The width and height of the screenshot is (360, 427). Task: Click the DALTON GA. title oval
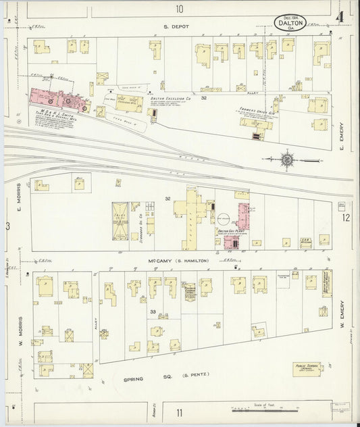coord(290,23)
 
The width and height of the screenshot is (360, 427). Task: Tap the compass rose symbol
coord(288,160)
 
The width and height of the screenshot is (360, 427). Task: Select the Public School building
coord(306,369)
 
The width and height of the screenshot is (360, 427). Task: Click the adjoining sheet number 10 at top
coord(179,9)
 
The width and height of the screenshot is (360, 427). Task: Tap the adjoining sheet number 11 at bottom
coord(179,412)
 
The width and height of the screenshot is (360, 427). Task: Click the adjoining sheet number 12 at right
coord(346,218)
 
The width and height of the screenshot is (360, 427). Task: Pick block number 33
coord(153,311)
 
